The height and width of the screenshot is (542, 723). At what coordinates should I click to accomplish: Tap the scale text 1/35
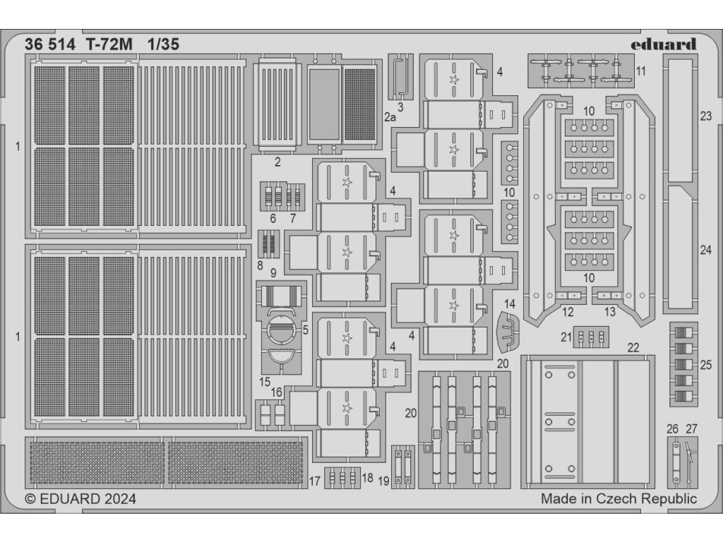[x=163, y=44]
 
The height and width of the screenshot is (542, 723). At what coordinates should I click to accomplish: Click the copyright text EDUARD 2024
[x=80, y=499]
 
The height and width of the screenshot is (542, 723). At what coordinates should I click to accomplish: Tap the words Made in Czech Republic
[x=619, y=499]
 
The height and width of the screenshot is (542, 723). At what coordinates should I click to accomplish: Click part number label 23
[x=706, y=116]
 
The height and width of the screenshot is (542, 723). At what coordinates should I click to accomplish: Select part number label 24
[x=706, y=250]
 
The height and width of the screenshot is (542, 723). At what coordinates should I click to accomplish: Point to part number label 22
[x=633, y=347]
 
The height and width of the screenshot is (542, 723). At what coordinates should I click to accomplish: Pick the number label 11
[x=640, y=71]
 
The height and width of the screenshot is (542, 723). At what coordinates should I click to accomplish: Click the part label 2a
[x=390, y=118]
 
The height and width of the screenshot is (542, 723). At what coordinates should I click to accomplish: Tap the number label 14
[x=510, y=303]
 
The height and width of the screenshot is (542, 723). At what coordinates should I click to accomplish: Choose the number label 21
[x=566, y=337]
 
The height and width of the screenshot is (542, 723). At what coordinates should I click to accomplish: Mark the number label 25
[x=707, y=365]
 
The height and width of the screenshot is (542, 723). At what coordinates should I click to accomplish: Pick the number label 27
[x=691, y=428]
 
